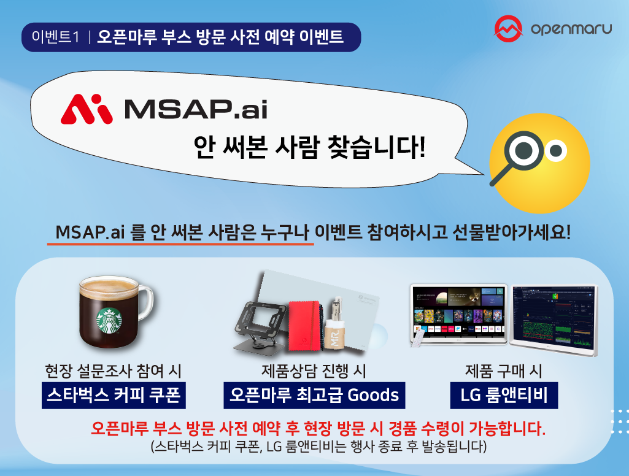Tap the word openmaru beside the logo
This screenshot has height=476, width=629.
(571, 29)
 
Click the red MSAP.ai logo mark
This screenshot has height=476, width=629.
(87, 109)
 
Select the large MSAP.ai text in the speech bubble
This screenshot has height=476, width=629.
(195, 109)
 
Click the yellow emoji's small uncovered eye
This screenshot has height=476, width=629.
(556, 150)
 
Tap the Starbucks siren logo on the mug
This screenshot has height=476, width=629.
(108, 321)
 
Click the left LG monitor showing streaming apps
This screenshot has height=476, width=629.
(459, 314)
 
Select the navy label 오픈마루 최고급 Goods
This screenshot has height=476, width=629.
(314, 395)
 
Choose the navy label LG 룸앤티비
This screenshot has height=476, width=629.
(504, 395)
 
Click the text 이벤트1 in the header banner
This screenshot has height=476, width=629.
(56, 37)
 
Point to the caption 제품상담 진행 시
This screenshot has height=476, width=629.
(314, 371)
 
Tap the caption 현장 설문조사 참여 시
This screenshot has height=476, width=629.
(114, 371)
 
